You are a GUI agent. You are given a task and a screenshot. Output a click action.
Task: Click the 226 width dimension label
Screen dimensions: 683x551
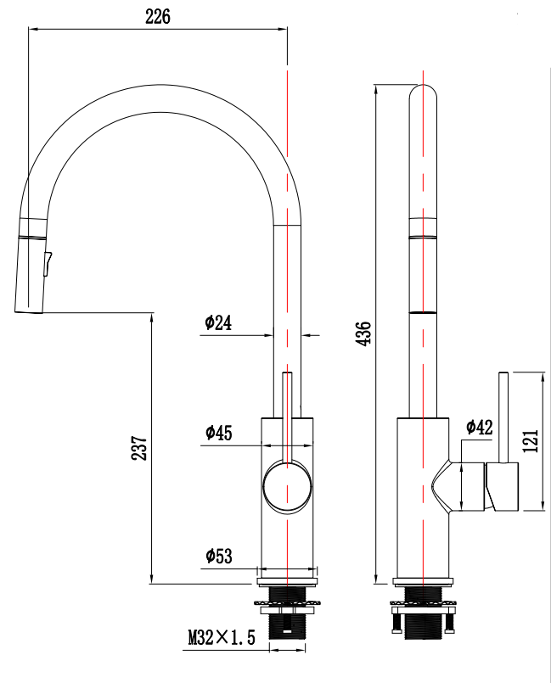coord(158,16)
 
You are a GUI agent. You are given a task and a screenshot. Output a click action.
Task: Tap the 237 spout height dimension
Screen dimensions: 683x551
coord(140,448)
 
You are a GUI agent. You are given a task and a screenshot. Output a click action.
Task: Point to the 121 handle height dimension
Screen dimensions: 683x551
coord(530,441)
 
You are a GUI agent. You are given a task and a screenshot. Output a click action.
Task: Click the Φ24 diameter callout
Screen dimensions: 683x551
coord(218,322)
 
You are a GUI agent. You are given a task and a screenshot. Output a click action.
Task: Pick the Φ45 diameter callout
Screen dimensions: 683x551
coord(218,433)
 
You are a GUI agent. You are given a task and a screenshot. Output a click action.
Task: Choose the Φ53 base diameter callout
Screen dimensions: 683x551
coord(218,556)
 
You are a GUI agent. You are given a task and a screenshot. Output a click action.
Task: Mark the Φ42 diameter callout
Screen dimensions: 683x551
coord(479,427)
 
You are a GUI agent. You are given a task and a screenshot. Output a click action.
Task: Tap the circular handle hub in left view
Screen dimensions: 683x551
coord(288,487)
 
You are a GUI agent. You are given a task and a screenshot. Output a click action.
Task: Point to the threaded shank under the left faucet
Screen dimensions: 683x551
coord(288,626)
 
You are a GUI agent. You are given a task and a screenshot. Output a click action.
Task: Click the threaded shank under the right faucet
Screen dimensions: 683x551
coord(424,626)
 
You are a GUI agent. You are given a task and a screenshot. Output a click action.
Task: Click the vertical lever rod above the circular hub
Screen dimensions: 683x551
coord(288,416)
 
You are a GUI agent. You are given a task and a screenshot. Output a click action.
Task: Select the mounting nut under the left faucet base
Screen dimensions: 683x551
coord(288,605)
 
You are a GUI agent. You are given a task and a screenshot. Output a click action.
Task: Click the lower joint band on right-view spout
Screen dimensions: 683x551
coord(424,312)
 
